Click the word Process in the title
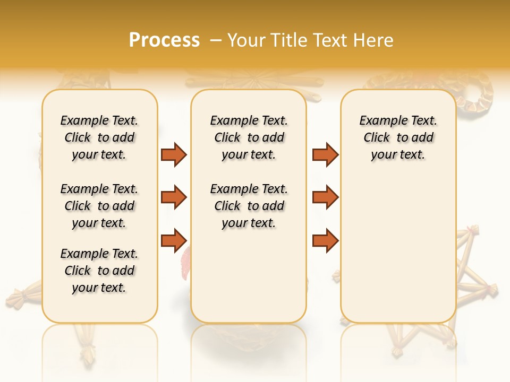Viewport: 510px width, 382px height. point(164,40)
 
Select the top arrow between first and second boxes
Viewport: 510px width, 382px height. point(174,154)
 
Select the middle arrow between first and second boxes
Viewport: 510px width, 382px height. point(174,197)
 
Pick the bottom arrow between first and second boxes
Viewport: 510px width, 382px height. point(174,240)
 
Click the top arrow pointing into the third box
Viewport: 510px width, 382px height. point(325,154)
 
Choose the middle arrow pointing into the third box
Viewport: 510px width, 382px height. point(325,197)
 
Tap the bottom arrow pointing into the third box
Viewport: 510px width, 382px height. point(325,240)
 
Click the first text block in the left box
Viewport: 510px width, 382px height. point(99,137)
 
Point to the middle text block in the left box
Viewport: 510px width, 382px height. point(99,206)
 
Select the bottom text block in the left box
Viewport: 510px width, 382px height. point(99,271)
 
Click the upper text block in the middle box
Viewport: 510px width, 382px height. point(249,137)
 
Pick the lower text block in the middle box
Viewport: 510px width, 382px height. point(249,206)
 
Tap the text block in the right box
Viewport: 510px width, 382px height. point(398,137)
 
